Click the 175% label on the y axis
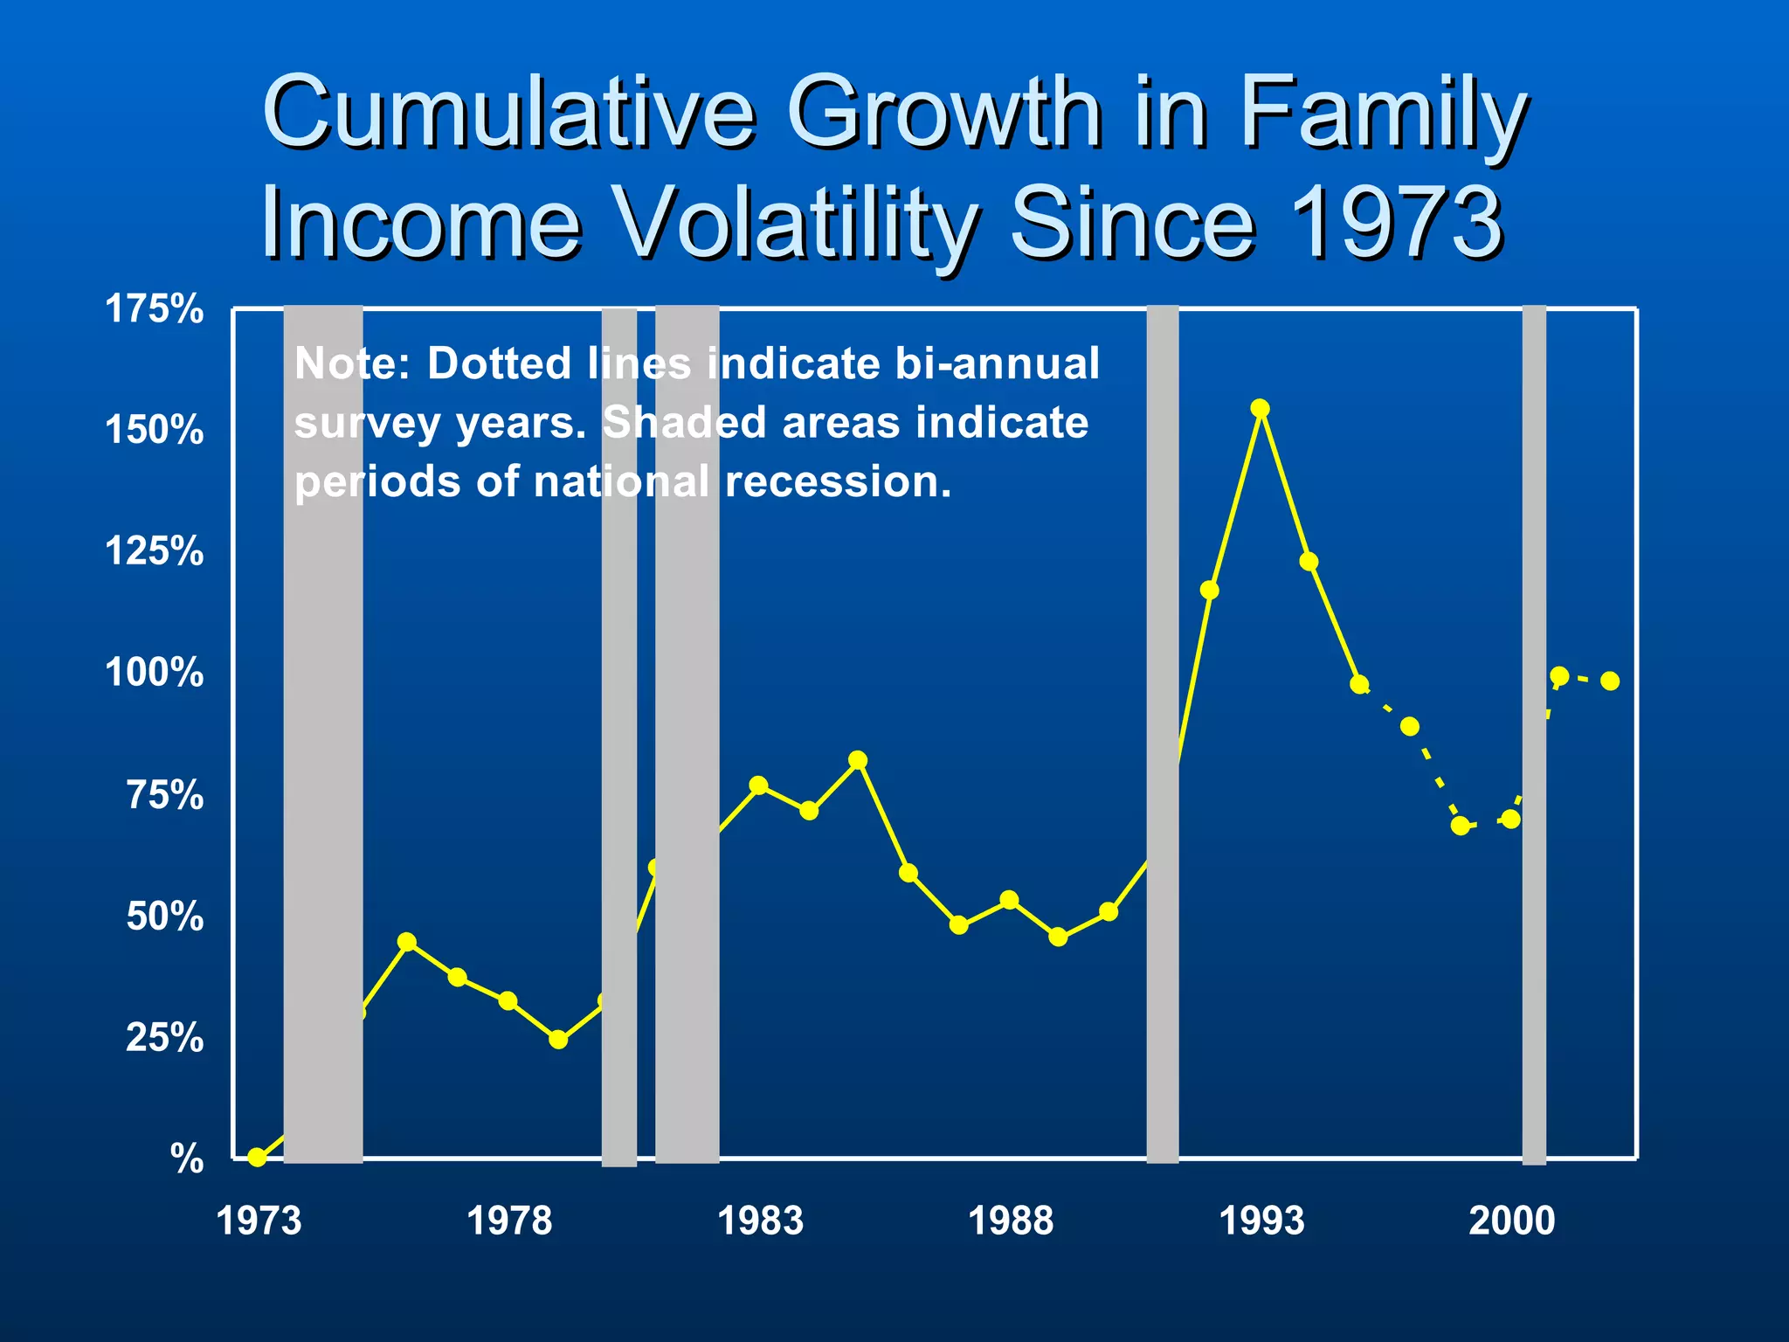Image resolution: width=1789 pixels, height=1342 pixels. (154, 309)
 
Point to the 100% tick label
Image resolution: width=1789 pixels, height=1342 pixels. (154, 674)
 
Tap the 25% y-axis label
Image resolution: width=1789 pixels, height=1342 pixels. (164, 1038)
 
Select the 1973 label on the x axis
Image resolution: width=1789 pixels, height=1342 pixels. (258, 1221)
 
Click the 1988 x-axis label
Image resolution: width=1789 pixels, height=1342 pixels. (1011, 1221)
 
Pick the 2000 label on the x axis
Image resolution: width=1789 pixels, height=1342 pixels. (1511, 1221)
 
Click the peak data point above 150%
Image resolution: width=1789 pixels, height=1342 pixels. (1260, 408)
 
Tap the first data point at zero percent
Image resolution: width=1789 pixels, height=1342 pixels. (257, 1158)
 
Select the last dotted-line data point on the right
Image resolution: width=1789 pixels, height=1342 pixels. (1610, 681)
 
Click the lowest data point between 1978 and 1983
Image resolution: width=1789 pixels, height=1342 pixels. (559, 1040)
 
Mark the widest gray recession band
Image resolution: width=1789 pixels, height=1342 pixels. (323, 734)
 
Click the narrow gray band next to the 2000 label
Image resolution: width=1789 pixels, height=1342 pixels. (1534, 734)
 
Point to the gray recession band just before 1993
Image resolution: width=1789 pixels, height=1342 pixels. (1162, 734)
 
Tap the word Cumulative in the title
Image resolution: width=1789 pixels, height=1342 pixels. (508, 114)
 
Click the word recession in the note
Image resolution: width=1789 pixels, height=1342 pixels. (838, 481)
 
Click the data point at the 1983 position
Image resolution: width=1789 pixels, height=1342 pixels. (758, 785)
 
